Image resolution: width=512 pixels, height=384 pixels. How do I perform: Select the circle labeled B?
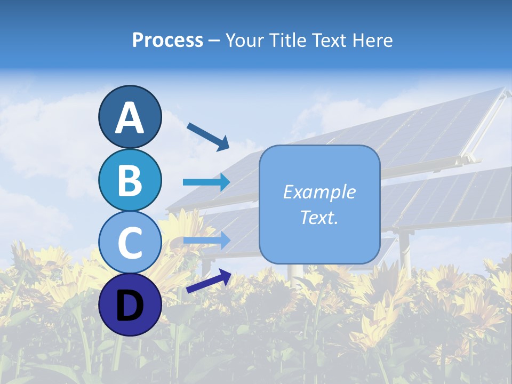point(130,180)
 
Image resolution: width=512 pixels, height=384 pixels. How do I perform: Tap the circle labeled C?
point(130,242)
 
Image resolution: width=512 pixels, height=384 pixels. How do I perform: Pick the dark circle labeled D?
point(130,305)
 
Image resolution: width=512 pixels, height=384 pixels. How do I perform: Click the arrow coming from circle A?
point(208,137)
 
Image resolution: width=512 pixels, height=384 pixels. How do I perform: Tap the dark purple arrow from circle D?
point(209,282)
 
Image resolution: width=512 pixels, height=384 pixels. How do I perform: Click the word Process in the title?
point(167,41)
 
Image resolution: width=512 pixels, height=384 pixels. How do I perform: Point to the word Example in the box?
point(319,192)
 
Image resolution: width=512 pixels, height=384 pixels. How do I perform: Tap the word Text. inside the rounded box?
point(319,217)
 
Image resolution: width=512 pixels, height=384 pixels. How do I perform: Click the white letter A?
point(130,118)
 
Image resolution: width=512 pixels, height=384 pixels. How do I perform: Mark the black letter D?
point(130,306)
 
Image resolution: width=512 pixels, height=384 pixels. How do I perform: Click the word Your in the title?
point(244,41)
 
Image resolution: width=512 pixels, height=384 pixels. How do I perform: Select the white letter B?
point(130,180)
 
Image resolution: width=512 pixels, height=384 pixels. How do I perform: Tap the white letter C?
point(130,243)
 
